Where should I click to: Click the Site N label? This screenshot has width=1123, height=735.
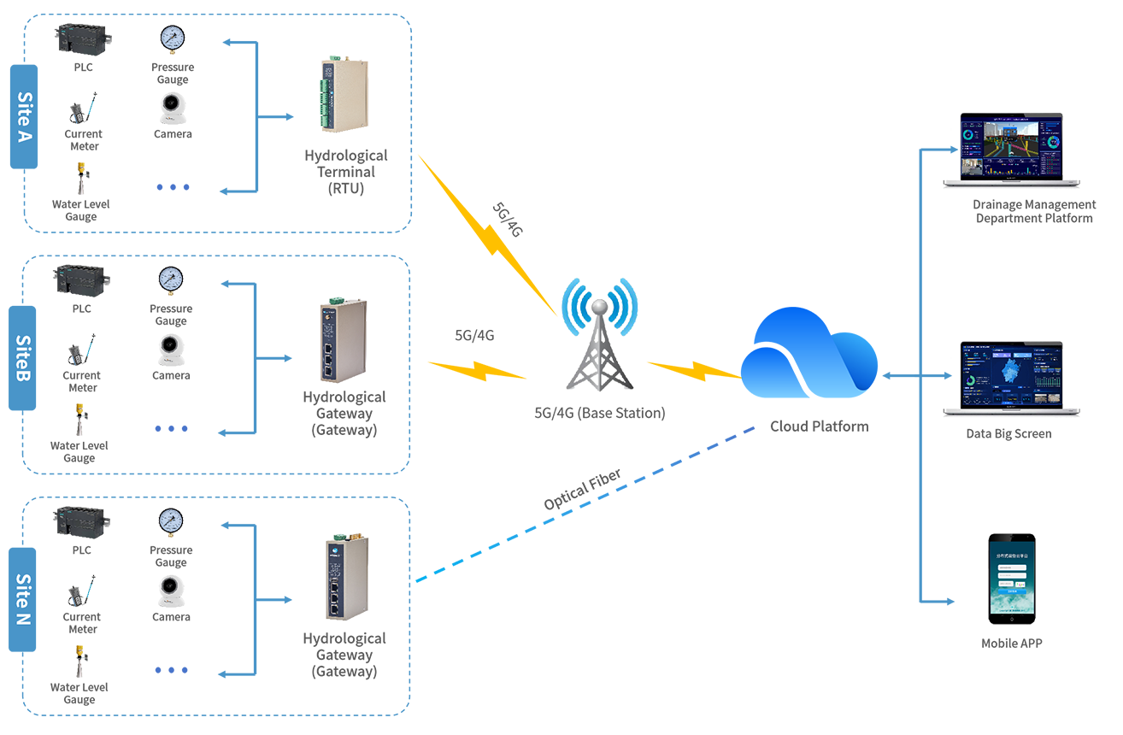point(24,598)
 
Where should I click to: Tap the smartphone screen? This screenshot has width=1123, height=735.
point(1012,579)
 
